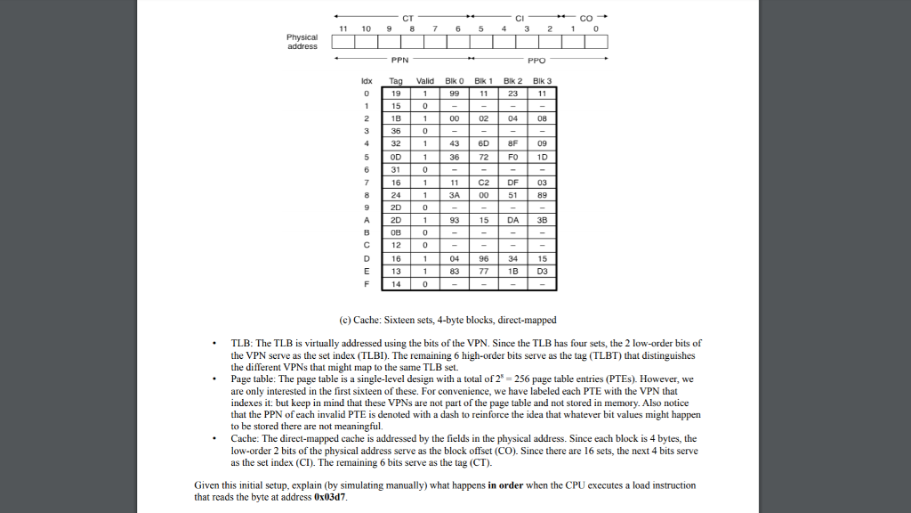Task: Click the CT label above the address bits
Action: tap(407, 17)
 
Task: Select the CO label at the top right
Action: tap(585, 17)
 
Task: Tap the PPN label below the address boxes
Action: tap(399, 61)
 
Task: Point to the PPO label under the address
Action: tap(536, 61)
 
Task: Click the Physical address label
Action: tap(302, 42)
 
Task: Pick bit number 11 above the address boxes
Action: tap(343, 29)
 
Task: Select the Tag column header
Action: tap(397, 81)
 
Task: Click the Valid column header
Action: tap(425, 81)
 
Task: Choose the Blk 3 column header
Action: tap(542, 81)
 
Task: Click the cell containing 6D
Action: tap(484, 142)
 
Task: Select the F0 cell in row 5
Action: tap(513, 156)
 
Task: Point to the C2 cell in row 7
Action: tap(484, 182)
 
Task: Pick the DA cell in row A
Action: tap(513, 220)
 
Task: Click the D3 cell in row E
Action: tap(542, 271)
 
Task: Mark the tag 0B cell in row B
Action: tap(397, 232)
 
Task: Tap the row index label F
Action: tap(366, 284)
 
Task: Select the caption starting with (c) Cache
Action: tap(447, 320)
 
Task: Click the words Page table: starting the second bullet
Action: tap(253, 379)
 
